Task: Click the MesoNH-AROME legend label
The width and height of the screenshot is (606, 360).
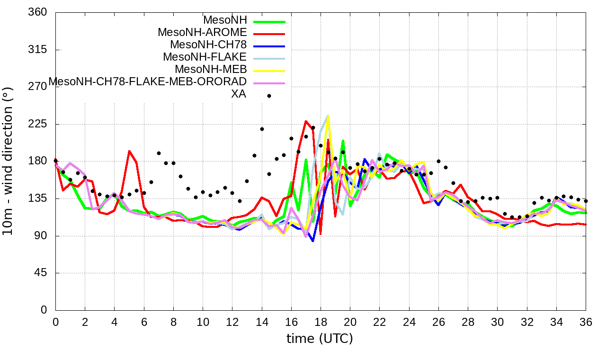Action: point(202,33)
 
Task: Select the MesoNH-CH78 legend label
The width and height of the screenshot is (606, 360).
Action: point(208,45)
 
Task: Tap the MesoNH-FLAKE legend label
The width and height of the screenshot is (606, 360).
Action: point(205,57)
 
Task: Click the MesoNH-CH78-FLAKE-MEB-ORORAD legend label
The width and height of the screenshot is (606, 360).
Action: point(148,81)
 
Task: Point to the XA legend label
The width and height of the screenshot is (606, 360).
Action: point(238,94)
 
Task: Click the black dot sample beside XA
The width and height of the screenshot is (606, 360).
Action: point(269,96)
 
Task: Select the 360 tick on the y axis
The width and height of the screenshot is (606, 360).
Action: point(38,12)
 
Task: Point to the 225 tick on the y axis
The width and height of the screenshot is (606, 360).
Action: point(38,124)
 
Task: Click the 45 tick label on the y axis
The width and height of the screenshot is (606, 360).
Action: point(41,273)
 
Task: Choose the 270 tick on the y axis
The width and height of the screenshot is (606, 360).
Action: point(38,87)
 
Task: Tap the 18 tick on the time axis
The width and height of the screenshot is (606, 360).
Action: point(321,321)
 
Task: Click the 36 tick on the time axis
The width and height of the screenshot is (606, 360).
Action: point(586,321)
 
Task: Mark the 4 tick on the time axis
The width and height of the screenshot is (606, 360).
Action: point(114,321)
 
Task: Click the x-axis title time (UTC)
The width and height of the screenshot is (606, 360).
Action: point(320,339)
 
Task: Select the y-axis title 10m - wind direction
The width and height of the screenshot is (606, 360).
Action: point(8,161)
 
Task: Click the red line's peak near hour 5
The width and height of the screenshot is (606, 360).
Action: point(129,151)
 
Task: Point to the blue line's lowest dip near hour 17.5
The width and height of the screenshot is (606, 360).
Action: point(313,241)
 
